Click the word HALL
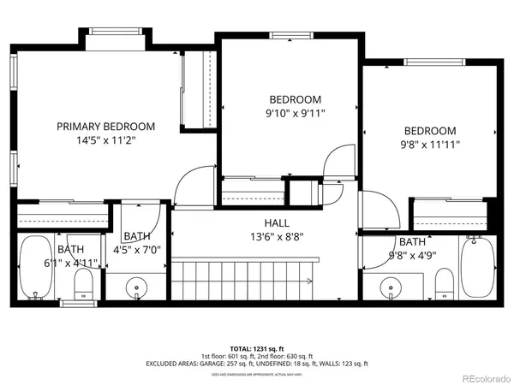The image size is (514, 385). point(264,222)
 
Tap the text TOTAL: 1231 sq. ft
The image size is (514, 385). point(257,348)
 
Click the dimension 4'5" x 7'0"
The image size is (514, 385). point(137,250)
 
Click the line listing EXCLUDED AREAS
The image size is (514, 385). point(257,364)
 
